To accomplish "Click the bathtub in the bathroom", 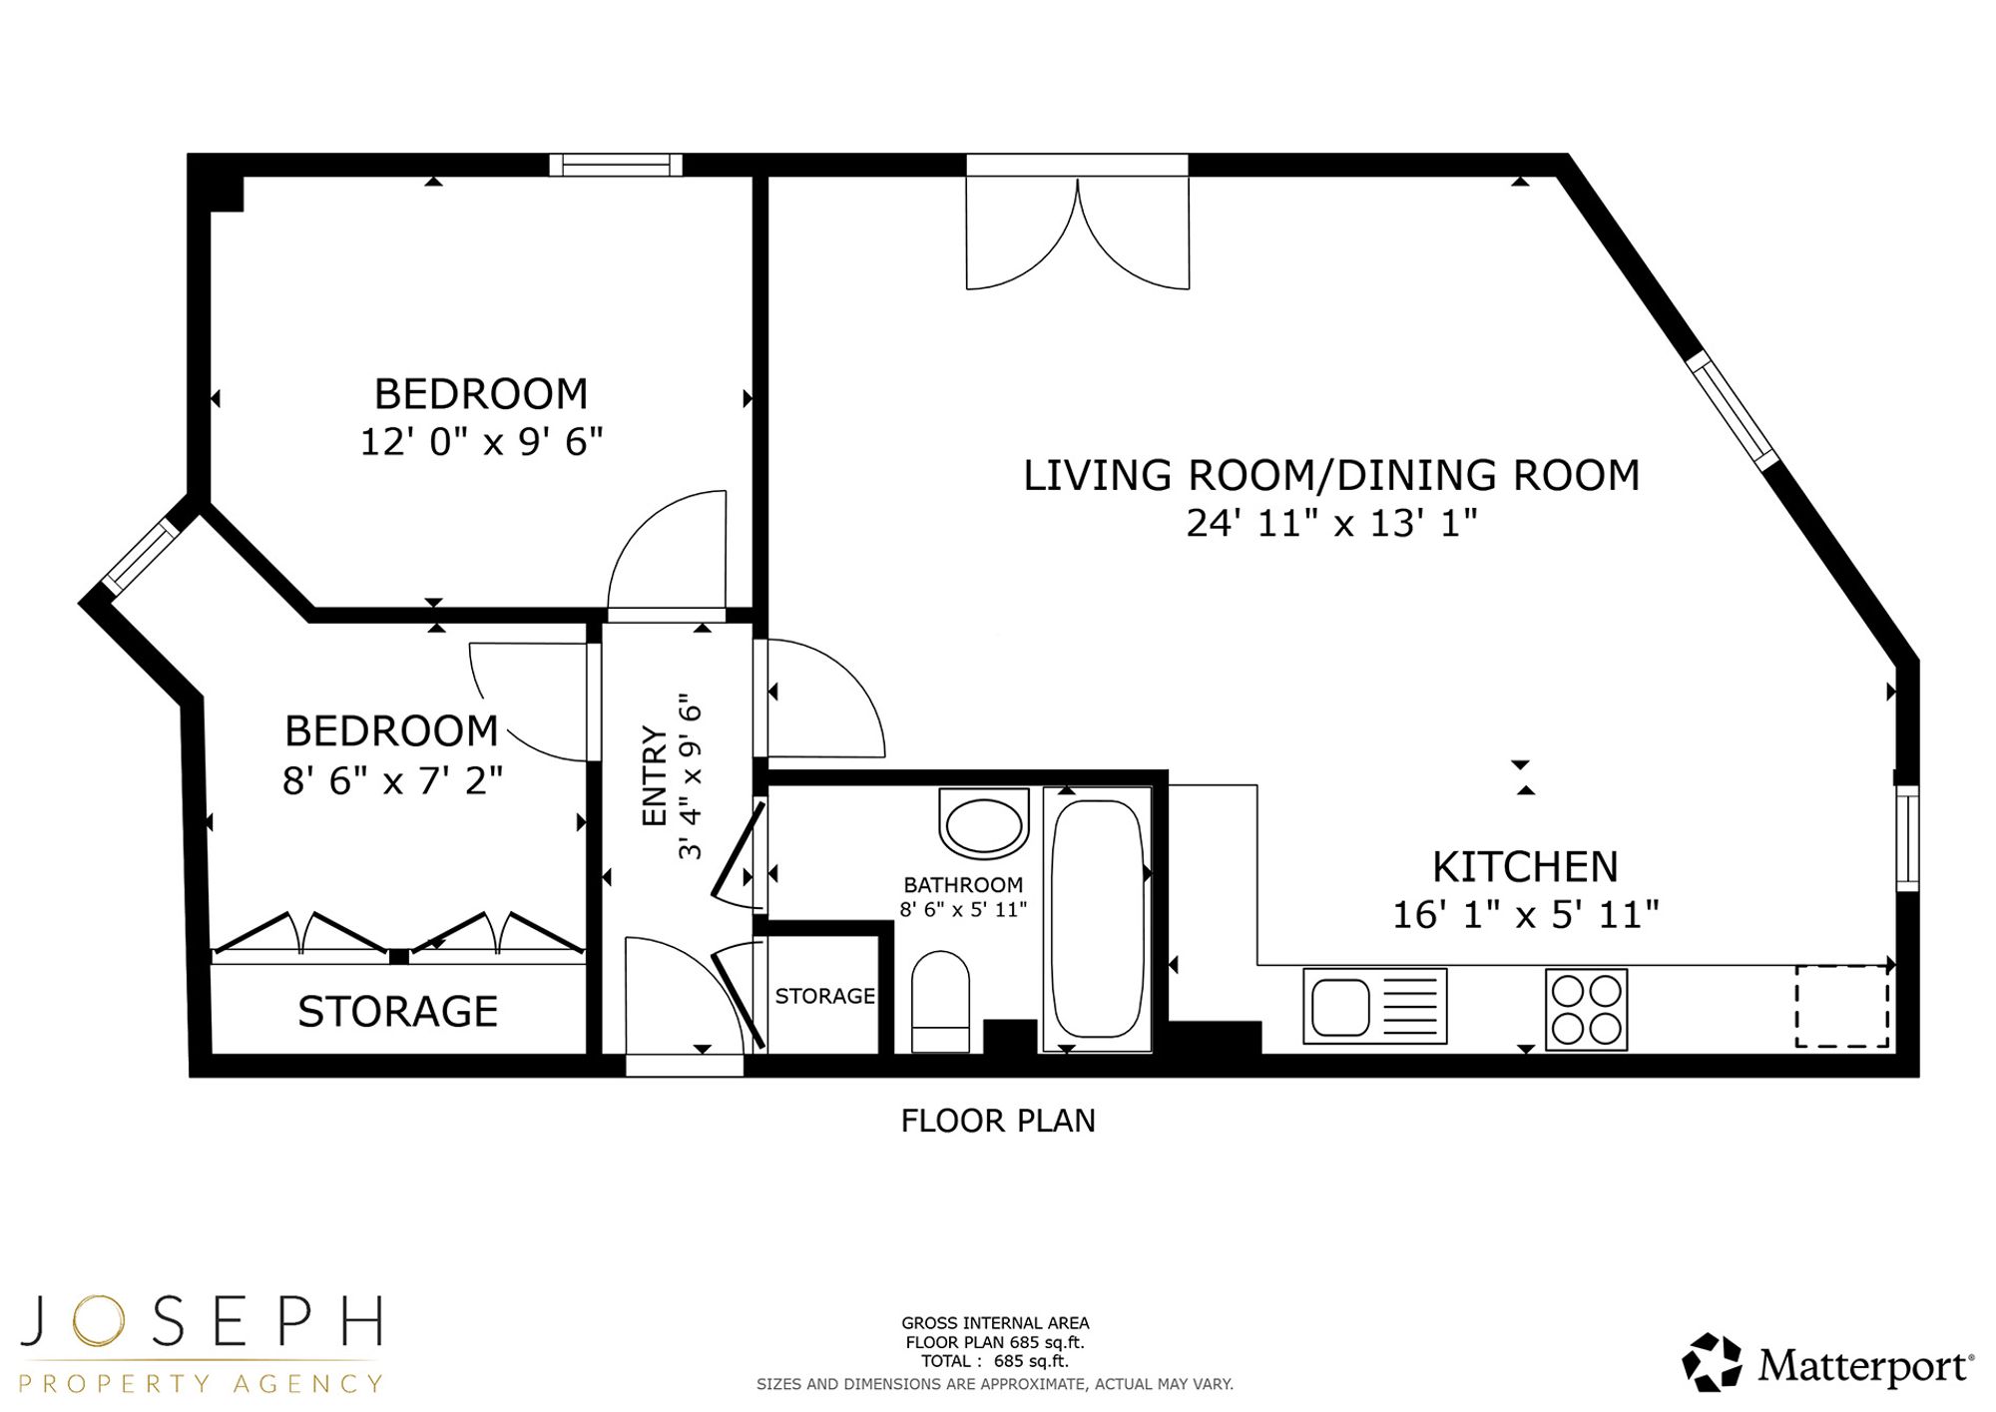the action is (x=1098, y=919).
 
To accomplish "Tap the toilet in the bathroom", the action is (x=940, y=1001).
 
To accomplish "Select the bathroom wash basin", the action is (x=984, y=823).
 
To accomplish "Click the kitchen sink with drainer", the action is (x=1375, y=1006).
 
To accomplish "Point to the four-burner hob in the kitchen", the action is (x=1587, y=1009).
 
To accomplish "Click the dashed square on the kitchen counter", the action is (x=1842, y=1006).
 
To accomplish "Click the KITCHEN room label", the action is (x=1525, y=867).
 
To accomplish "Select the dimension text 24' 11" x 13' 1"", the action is (x=1331, y=523).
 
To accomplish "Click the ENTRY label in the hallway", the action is (x=655, y=776).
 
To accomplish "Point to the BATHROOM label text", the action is (x=963, y=885).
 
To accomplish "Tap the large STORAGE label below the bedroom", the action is (x=398, y=1012).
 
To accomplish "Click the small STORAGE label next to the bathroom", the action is (x=824, y=996).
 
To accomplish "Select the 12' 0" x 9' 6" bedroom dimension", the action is (x=481, y=441).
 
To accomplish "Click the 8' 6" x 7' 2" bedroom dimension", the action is (x=392, y=780).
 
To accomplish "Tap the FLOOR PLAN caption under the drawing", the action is (x=998, y=1121).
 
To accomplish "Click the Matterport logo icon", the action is (x=1713, y=1362).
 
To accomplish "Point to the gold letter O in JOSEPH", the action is (x=97, y=1320).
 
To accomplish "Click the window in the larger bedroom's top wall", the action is (x=616, y=165).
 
